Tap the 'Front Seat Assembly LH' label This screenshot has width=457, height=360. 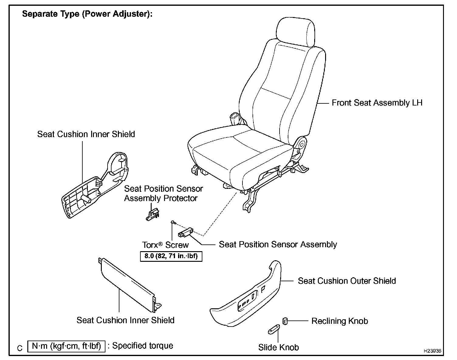point(377,103)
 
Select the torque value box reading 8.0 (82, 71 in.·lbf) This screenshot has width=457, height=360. point(171,256)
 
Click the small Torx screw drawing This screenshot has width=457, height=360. point(173,223)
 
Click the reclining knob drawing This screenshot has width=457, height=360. point(285,320)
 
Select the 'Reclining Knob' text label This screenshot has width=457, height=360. point(339,321)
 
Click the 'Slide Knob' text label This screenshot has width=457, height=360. point(278,347)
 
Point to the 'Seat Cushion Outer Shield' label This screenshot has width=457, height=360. point(347,281)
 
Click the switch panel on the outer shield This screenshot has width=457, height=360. point(247,300)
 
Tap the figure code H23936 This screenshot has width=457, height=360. point(432,351)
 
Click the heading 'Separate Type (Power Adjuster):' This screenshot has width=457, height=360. point(87,14)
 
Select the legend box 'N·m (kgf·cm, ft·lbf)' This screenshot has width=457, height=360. point(66,346)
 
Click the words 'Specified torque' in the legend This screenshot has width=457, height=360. point(143,346)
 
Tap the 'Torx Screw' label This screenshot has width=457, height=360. point(165,245)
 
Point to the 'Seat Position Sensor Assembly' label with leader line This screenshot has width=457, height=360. point(278,244)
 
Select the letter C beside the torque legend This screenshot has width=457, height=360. point(20,348)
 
